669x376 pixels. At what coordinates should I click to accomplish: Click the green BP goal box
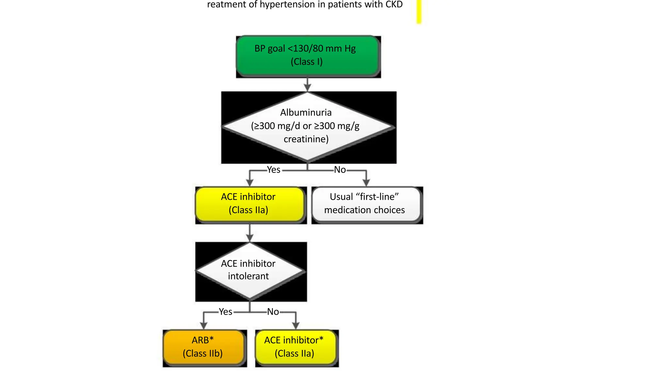[308, 56]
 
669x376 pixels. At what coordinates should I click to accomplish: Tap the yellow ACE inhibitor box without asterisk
[250, 204]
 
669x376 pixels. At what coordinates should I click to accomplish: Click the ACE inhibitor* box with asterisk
[295, 347]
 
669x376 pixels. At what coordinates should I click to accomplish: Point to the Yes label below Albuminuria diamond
[273, 170]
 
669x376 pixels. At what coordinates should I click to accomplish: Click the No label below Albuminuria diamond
[340, 170]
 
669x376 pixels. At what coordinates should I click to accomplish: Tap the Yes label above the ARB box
[225, 312]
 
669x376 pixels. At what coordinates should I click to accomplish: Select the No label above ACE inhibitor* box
[273, 312]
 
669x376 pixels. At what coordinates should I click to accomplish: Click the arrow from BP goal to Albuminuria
[307, 85]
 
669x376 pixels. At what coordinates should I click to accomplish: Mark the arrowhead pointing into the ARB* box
[204, 325]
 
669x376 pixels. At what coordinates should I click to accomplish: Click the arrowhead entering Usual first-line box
[366, 182]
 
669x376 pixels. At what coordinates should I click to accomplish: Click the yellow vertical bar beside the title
[419, 11]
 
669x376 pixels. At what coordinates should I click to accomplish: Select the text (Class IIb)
[203, 353]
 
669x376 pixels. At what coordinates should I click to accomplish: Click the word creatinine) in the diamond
[306, 139]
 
